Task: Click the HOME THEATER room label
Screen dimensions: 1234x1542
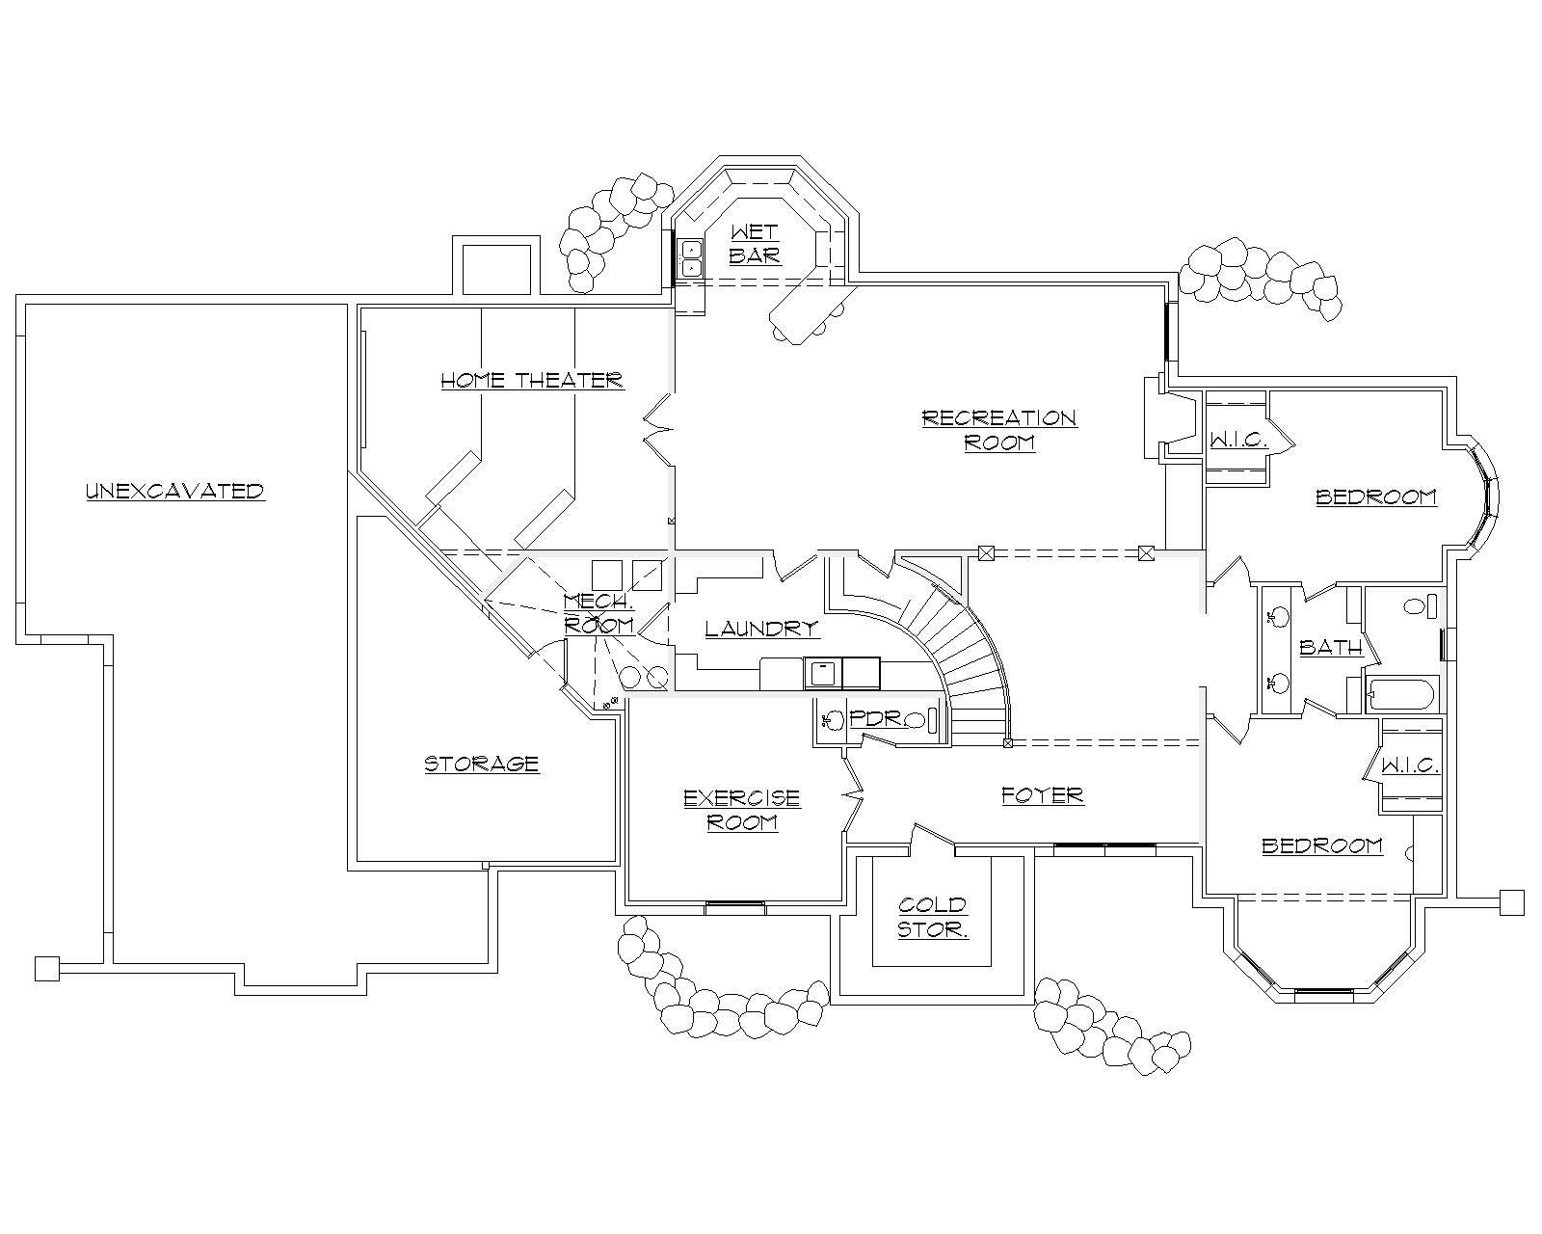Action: tap(532, 380)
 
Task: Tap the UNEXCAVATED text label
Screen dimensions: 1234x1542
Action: tap(174, 491)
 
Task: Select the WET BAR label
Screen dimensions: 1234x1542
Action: tap(755, 244)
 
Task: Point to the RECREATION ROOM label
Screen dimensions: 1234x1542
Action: tap(999, 430)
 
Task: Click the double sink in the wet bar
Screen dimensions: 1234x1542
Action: tap(691, 257)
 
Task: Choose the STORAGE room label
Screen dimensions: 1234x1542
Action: tap(482, 764)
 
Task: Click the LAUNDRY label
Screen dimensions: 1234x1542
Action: tap(761, 629)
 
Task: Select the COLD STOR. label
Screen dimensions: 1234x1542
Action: tap(933, 917)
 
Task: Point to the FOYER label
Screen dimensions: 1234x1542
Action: tap(1043, 795)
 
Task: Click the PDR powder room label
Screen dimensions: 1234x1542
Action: tap(874, 719)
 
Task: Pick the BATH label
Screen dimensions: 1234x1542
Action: tap(1330, 648)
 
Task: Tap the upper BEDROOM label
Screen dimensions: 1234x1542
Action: tap(1376, 497)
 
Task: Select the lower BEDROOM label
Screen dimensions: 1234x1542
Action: tap(1322, 845)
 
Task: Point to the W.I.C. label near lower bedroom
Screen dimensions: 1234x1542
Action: tap(1410, 765)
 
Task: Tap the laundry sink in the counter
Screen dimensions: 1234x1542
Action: tap(821, 672)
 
